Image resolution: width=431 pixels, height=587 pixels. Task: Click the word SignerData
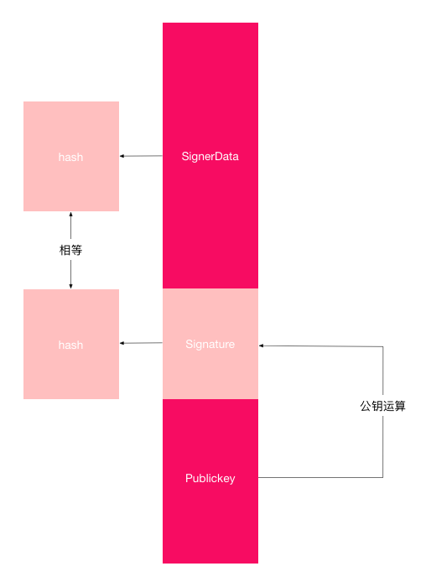210,156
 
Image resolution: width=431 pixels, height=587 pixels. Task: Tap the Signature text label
210,344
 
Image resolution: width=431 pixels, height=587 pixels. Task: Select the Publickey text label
210,478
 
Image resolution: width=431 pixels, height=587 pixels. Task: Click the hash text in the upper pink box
70,157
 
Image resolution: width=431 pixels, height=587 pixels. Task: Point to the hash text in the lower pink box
70,345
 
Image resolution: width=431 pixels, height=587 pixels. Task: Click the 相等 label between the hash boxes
70,250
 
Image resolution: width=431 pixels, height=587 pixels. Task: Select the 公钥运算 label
382,406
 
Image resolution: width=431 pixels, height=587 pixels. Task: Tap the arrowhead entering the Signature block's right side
262,345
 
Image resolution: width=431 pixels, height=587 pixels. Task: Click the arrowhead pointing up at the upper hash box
70,215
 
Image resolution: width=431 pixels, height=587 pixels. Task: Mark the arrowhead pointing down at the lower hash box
70,285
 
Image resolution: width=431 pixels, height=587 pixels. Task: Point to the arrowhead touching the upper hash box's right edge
122,156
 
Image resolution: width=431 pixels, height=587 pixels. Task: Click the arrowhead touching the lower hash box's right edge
122,343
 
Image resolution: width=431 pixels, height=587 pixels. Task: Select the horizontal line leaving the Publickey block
319,478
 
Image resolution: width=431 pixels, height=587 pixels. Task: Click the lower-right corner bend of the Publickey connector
382,478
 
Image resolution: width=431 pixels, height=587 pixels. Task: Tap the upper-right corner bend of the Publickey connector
382,345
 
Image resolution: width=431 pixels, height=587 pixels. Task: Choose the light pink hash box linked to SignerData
70,126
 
